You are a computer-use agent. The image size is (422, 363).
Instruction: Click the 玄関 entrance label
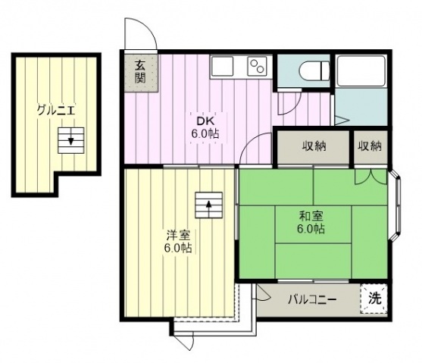point(140,72)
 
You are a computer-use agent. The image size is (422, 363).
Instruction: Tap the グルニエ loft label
point(56,111)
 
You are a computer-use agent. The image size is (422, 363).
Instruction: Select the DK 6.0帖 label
point(205,127)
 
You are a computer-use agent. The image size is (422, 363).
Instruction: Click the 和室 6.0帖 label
point(311,222)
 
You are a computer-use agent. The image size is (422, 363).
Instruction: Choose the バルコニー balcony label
point(312,299)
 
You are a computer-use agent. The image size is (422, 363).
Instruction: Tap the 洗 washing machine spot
point(375,298)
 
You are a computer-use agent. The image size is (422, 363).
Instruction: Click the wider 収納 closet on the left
point(313,146)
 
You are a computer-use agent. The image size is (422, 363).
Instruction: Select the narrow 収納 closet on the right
point(370,146)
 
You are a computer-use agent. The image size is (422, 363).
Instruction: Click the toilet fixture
point(314,71)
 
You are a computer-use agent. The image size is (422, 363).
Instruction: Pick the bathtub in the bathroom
point(361,70)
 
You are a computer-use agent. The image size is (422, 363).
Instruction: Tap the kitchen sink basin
point(222,66)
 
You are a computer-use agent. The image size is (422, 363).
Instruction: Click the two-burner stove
point(257,66)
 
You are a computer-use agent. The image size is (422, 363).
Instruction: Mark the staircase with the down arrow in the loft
point(71,140)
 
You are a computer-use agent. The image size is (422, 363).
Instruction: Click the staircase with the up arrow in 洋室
point(209,205)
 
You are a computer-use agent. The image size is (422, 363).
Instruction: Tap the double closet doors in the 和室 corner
point(371,177)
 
